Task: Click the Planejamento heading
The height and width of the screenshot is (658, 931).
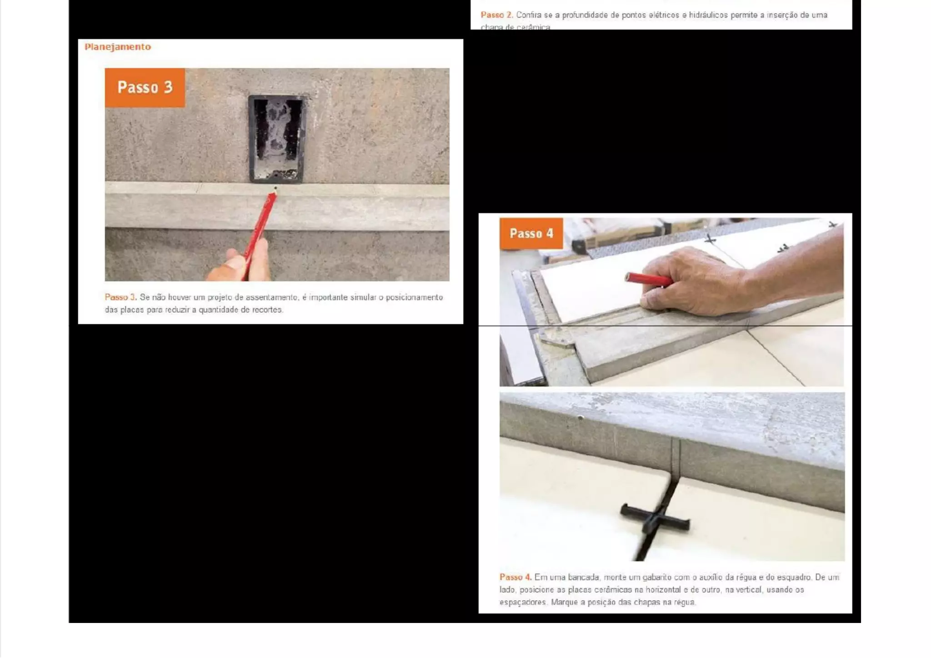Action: click(117, 47)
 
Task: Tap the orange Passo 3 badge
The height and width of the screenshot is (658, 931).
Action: click(145, 87)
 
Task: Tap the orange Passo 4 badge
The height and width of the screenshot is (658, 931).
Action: click(531, 233)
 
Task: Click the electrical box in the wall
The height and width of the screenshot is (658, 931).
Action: click(277, 139)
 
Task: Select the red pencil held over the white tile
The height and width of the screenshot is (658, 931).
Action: click(648, 279)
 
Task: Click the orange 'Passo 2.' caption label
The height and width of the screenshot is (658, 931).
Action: click(496, 15)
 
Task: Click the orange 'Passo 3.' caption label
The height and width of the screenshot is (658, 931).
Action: click(120, 297)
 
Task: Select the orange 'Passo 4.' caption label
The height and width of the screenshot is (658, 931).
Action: click(515, 577)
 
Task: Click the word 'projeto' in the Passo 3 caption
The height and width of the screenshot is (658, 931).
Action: click(220, 297)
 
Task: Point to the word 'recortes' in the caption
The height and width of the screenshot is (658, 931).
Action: click(267, 310)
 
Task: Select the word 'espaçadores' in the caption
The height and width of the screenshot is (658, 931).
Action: click(523, 603)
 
